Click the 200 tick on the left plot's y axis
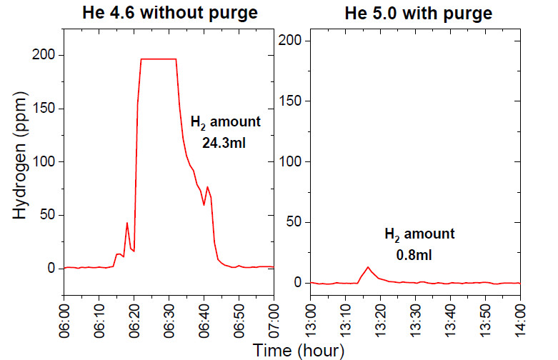coord(45,55)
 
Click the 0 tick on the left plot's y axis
coord(51,269)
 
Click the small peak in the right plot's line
coord(368,267)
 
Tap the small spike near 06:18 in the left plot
coord(127,224)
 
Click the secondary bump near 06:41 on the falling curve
coord(207,187)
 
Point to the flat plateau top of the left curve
coord(159,59)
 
